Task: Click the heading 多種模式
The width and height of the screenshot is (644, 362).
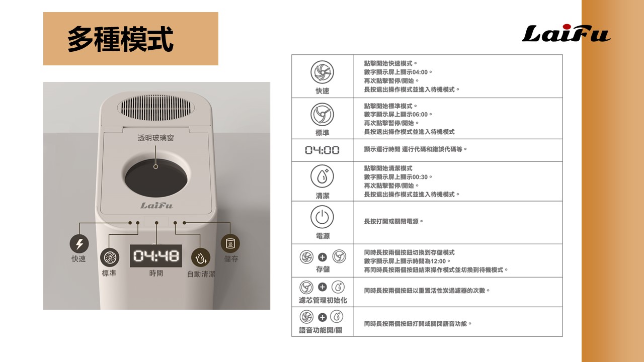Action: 120,39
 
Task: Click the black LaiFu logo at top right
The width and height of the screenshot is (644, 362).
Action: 566,33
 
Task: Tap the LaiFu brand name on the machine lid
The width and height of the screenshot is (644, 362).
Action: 156,206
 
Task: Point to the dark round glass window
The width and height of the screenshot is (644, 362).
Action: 156,178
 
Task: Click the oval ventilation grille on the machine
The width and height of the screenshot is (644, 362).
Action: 156,108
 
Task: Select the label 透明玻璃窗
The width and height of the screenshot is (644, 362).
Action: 155,138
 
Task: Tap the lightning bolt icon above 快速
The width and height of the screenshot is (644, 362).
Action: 79,244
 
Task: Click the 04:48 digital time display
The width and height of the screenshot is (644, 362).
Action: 156,256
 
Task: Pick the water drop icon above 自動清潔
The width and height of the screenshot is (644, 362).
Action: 201,257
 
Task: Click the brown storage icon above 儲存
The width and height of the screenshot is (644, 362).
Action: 230,244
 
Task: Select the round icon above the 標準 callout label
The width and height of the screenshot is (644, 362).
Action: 110,257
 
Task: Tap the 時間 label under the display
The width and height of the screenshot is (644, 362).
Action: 156,273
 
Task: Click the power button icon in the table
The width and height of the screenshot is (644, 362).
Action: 322,217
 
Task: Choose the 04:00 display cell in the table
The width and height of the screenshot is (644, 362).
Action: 323,150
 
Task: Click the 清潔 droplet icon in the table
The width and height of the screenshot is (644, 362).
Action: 322,176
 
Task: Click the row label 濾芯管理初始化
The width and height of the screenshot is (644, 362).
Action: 323,300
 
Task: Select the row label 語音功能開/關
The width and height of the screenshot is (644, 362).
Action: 320,330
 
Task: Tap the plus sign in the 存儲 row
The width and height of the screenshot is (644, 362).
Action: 323,257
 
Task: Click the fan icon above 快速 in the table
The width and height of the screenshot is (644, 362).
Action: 322,72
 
